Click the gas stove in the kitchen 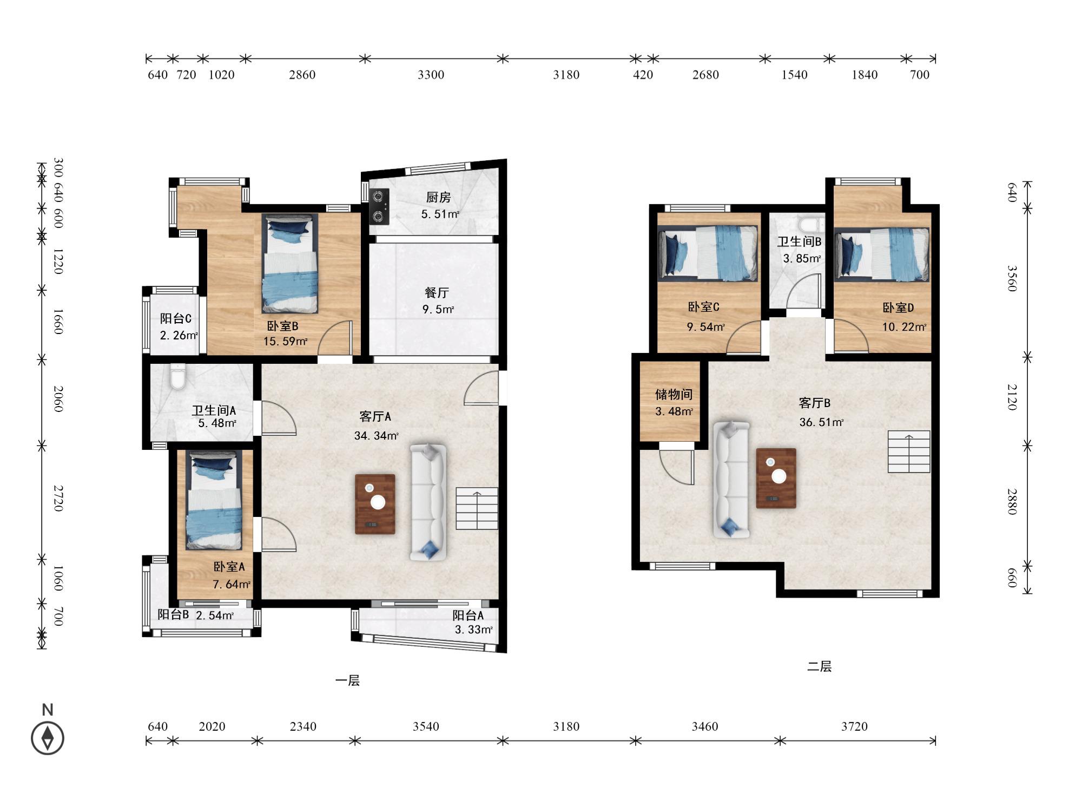click(x=379, y=206)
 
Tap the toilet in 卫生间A click(x=177, y=377)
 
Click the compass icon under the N click(x=48, y=738)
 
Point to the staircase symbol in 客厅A click(x=477, y=508)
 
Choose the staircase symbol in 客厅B click(x=909, y=451)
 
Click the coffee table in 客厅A click(x=375, y=504)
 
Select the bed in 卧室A click(x=214, y=501)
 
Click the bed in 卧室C click(x=708, y=253)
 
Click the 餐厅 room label click(x=437, y=293)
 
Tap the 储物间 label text click(x=674, y=394)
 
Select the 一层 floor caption click(x=347, y=680)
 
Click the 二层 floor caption click(x=819, y=666)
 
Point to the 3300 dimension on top click(x=431, y=75)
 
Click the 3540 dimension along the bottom click(x=426, y=726)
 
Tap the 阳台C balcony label click(x=176, y=319)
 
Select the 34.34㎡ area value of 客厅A click(x=377, y=435)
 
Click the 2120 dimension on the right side click(x=1012, y=397)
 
